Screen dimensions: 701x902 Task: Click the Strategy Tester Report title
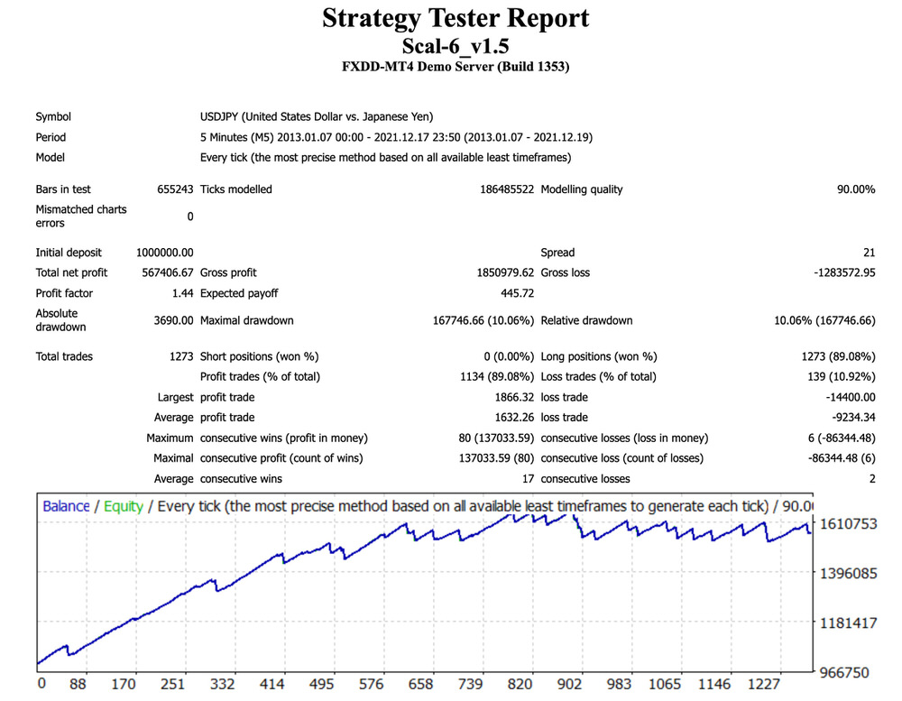point(456,18)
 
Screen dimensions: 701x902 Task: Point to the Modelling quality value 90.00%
point(850,189)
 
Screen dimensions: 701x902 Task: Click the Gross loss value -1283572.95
point(837,272)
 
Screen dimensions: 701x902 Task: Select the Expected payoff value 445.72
point(517,293)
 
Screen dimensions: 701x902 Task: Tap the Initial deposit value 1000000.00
point(165,253)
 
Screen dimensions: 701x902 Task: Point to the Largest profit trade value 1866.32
point(509,397)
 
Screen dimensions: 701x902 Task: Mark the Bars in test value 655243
point(174,189)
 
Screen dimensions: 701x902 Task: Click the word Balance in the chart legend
point(66,506)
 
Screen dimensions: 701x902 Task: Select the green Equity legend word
point(124,506)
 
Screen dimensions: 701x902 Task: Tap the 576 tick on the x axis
point(371,684)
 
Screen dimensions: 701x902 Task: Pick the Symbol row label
point(53,116)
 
